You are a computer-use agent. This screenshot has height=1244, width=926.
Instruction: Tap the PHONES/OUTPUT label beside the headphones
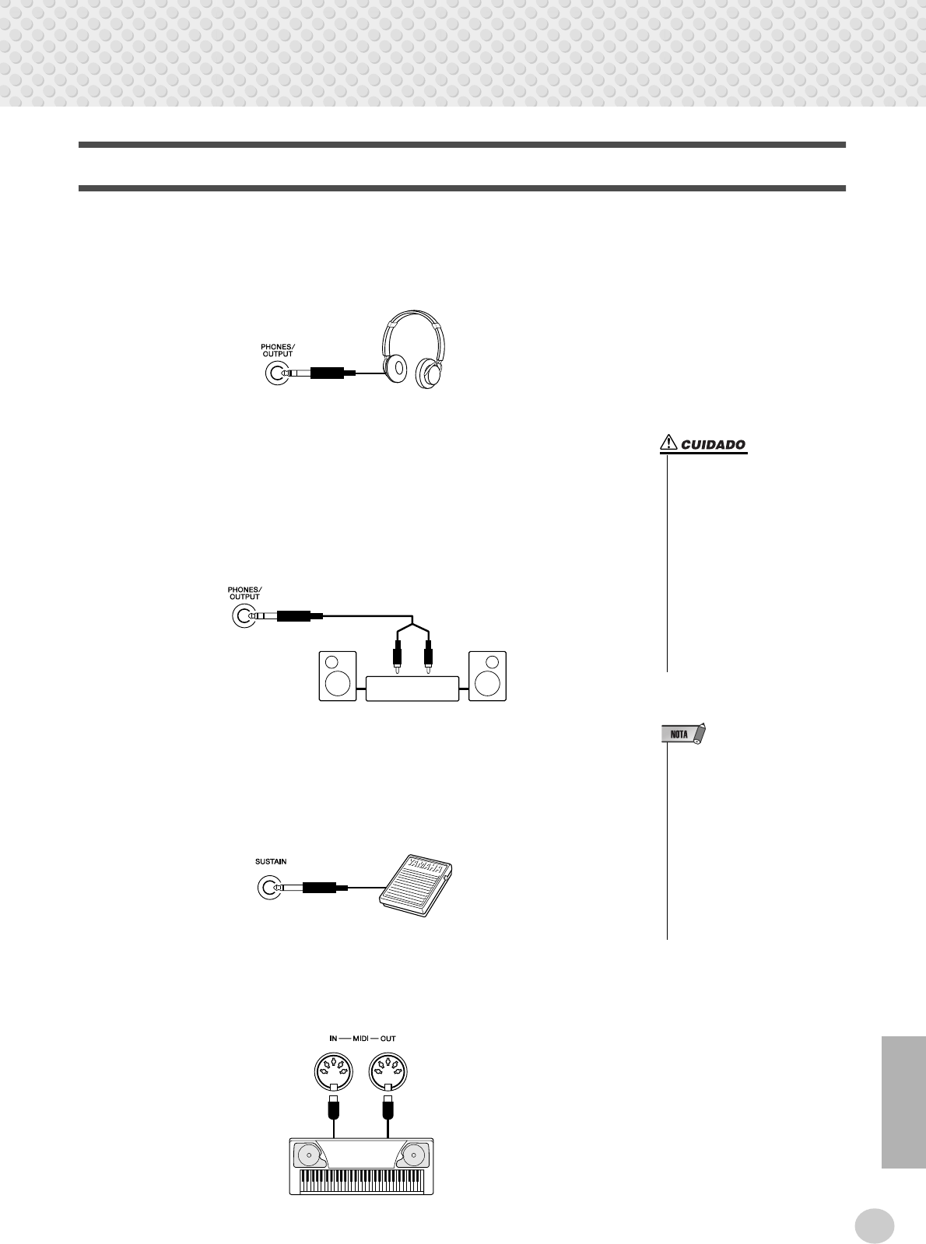point(278,350)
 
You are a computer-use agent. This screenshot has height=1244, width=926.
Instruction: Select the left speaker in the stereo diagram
point(338,676)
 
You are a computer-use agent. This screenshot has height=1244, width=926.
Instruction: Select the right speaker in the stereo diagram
point(487,676)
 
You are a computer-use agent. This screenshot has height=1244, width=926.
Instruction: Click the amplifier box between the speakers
point(412,689)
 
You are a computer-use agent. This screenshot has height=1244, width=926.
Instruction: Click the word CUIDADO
point(713,446)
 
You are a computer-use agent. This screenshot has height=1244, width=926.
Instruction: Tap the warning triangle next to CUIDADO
point(668,444)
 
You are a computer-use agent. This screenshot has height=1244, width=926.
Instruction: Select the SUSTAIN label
point(271,861)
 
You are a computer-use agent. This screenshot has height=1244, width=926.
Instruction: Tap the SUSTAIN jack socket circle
point(268,887)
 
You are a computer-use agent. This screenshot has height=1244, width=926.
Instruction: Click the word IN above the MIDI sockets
point(333,1039)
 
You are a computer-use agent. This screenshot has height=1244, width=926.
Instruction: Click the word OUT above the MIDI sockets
point(388,1039)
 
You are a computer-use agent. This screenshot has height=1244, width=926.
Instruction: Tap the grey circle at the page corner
point(874,1226)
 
